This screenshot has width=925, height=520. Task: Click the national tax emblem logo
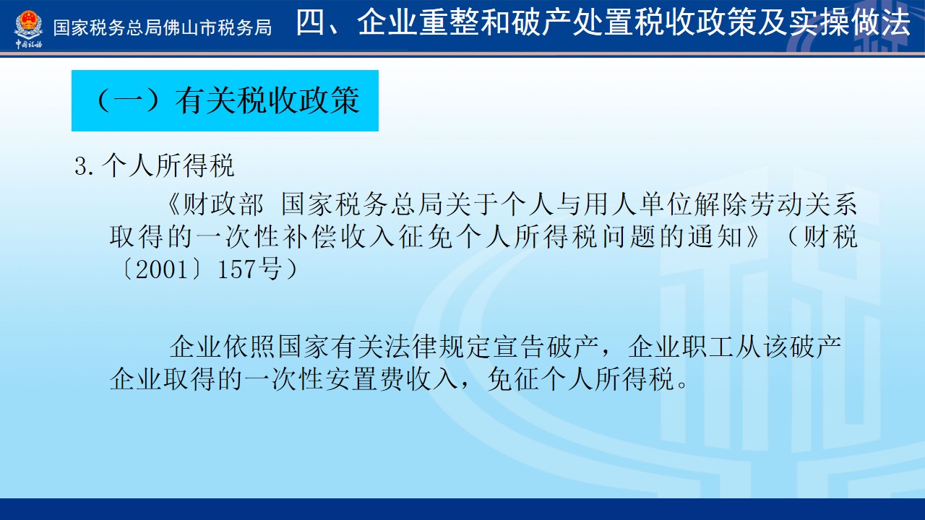[x=28, y=24]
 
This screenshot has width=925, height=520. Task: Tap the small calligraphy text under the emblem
[x=28, y=44]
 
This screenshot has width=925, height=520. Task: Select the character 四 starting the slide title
[x=310, y=22]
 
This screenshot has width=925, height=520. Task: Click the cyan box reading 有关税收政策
[x=225, y=100]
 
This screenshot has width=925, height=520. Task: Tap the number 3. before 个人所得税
[x=85, y=166]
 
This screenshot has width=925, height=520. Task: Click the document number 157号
[x=250, y=270]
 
